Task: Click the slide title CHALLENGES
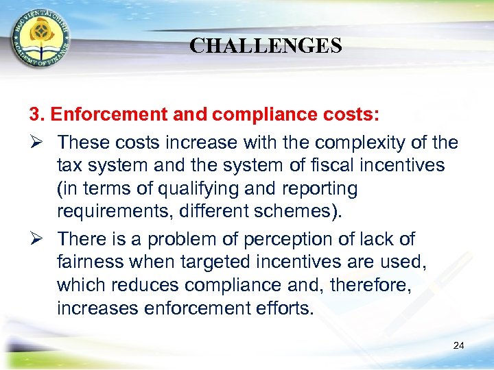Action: (266, 46)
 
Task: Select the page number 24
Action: (459, 345)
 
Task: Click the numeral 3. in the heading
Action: (37, 114)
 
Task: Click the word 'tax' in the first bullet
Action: (71, 165)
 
